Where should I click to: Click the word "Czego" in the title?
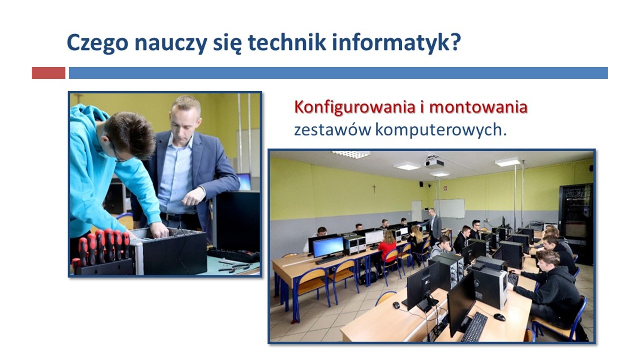[x=97, y=43]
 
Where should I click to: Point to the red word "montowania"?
[x=478, y=107]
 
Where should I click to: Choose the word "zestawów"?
[x=333, y=130]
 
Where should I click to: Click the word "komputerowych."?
[x=441, y=131]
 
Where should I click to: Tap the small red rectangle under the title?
[x=48, y=73]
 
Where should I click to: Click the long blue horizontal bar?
[x=338, y=73]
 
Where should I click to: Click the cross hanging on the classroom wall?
[x=374, y=188]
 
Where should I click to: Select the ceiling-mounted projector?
[x=435, y=162]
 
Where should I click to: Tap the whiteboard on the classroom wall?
[x=449, y=209]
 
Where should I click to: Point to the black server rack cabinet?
[x=576, y=223]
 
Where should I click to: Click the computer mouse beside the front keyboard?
[x=499, y=317]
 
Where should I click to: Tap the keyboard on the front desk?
[x=474, y=327]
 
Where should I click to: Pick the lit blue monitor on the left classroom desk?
[x=328, y=247]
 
